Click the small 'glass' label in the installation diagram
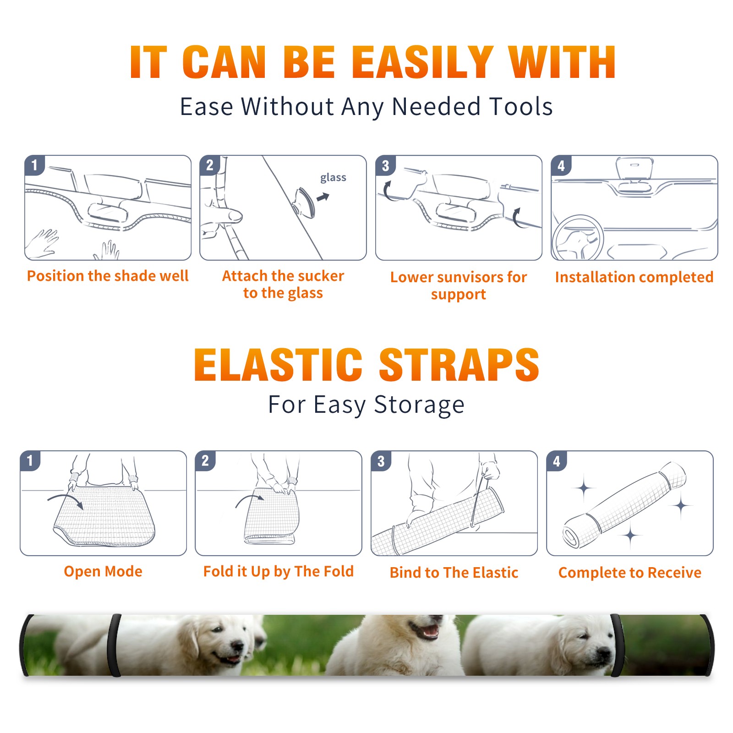click(x=333, y=178)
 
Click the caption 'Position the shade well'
click(x=108, y=276)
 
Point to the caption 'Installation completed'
click(x=634, y=277)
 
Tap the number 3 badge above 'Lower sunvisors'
click(x=385, y=165)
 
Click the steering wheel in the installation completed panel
click(x=578, y=238)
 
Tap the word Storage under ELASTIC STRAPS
click(x=419, y=405)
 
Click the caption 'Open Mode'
click(x=103, y=571)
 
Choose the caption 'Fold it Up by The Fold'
click(x=279, y=571)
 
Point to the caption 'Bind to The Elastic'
click(x=454, y=573)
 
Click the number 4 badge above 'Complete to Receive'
click(x=557, y=461)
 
